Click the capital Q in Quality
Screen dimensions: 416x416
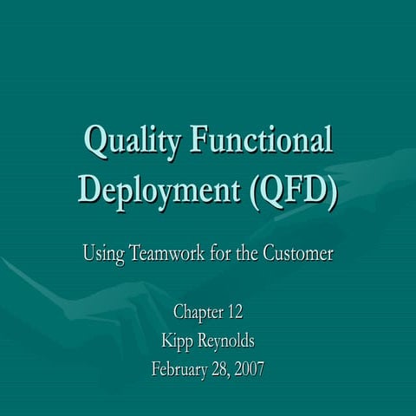coord(94,141)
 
